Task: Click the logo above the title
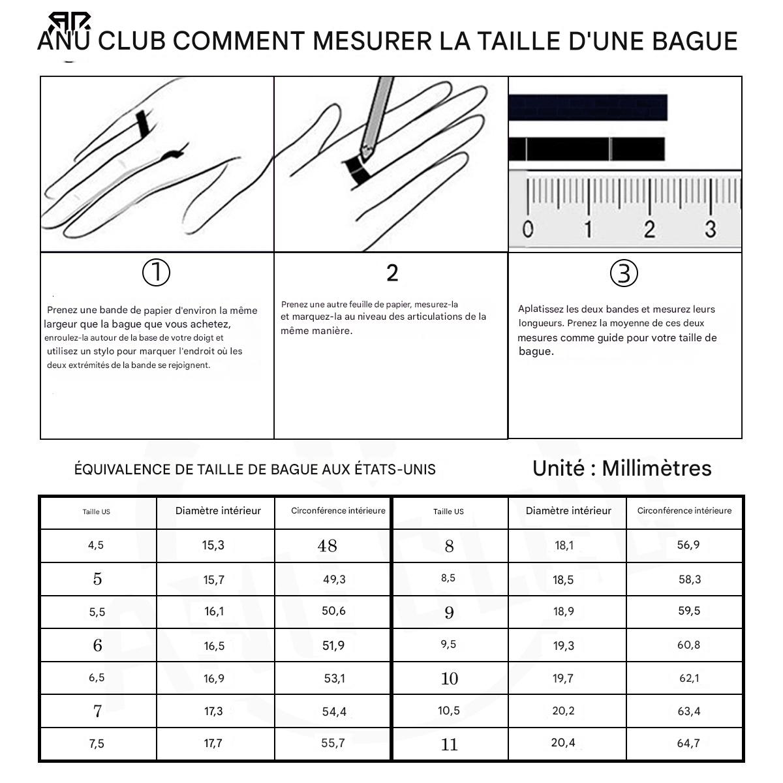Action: (x=69, y=22)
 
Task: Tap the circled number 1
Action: (x=156, y=273)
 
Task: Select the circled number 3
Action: (x=624, y=273)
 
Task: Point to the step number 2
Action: (x=392, y=273)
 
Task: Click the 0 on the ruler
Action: (x=527, y=229)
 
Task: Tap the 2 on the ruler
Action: (x=649, y=229)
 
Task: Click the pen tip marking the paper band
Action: (x=365, y=153)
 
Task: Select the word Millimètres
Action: (x=656, y=468)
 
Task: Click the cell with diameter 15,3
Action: (x=215, y=545)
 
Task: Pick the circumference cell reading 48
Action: (x=332, y=545)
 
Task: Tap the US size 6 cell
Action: (x=98, y=645)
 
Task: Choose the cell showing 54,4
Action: (x=332, y=711)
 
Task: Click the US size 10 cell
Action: (x=450, y=678)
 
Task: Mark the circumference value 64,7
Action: (x=688, y=743)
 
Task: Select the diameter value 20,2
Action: (x=563, y=711)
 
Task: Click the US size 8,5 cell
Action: (x=450, y=579)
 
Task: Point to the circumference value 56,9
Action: (x=688, y=544)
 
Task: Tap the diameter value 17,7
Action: (x=213, y=743)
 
